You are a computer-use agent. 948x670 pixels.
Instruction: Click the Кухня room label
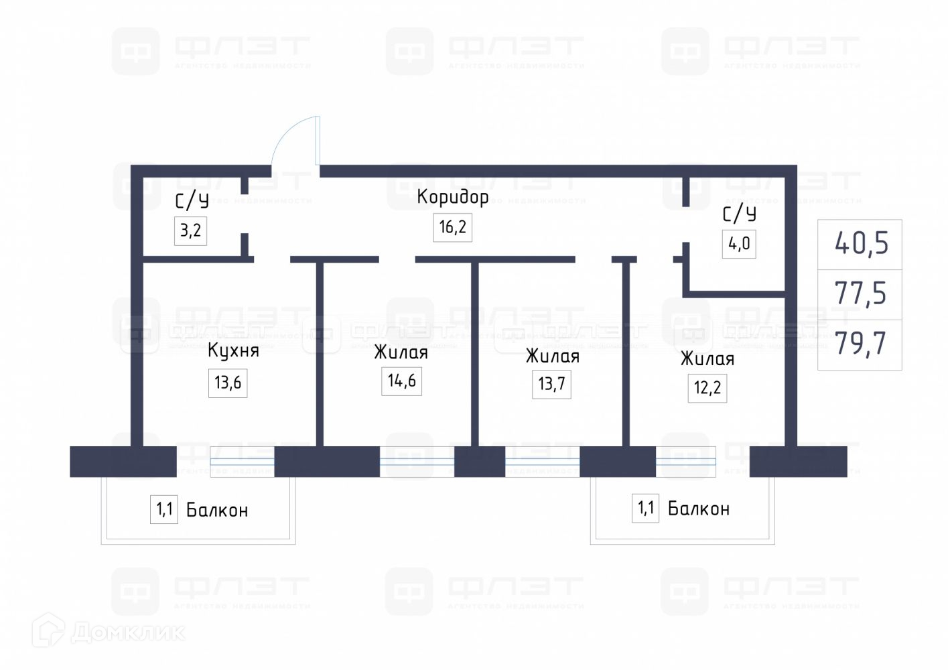click(232, 350)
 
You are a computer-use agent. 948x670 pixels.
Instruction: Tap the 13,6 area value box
click(228, 383)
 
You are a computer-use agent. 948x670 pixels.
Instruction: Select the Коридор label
click(452, 197)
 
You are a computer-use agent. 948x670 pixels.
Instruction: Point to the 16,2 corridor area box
click(452, 227)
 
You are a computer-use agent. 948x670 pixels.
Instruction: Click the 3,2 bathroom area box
click(190, 230)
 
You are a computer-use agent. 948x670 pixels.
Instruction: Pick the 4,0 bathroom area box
click(739, 243)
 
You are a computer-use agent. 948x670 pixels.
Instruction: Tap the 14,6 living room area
click(401, 381)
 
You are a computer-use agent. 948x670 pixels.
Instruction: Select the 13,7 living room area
click(551, 384)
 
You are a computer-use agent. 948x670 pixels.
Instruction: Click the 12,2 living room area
click(707, 387)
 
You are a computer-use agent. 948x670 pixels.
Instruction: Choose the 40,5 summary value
click(861, 243)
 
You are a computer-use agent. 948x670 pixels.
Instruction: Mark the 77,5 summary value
click(860, 293)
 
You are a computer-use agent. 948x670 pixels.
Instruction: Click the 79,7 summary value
click(860, 344)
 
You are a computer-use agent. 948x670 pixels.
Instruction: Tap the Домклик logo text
click(127, 632)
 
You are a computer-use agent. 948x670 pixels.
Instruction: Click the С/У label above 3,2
click(192, 201)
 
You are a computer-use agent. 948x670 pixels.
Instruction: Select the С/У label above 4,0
click(739, 214)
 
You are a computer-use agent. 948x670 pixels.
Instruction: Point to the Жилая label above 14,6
click(401, 352)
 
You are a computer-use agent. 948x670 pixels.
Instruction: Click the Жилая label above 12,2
click(707, 359)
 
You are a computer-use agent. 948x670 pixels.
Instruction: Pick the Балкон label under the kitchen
click(217, 511)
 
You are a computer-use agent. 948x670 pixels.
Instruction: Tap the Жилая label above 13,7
click(552, 356)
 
